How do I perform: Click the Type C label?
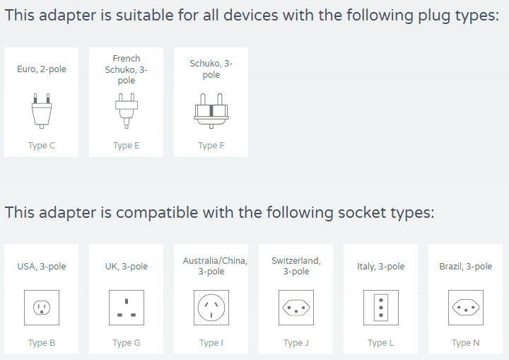[x=42, y=146]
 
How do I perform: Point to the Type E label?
[x=127, y=146]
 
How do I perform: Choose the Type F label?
[x=211, y=146]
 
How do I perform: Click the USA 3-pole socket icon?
[x=42, y=308]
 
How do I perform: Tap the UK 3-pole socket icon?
[x=127, y=308]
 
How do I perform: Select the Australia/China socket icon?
[x=211, y=308]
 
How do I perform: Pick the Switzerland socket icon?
[x=296, y=308]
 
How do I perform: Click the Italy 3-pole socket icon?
[x=381, y=308]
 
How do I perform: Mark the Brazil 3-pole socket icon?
[x=466, y=308]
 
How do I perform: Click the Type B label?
[x=42, y=343]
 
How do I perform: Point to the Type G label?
[x=127, y=343]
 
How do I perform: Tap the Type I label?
[x=211, y=343]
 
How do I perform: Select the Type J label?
[x=296, y=343]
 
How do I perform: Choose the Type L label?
[x=381, y=343]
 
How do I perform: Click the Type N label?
[x=466, y=343]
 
